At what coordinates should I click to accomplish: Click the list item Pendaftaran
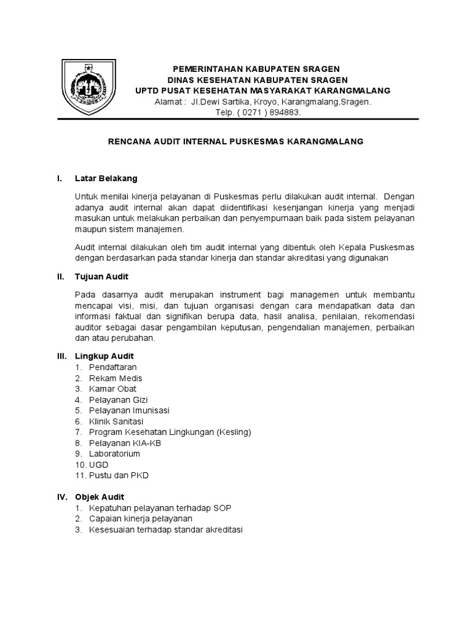[113, 367]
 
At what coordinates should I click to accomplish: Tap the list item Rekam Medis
[116, 378]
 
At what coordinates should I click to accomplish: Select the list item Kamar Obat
[112, 389]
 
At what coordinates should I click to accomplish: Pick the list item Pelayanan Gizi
[119, 400]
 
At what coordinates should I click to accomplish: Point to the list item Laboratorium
[115, 454]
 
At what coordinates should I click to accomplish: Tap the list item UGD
[98, 465]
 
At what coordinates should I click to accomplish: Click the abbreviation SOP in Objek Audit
[222, 508]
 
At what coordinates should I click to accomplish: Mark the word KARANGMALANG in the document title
[329, 141]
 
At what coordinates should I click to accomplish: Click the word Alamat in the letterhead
[168, 103]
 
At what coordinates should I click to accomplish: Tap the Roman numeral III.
[61, 356]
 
